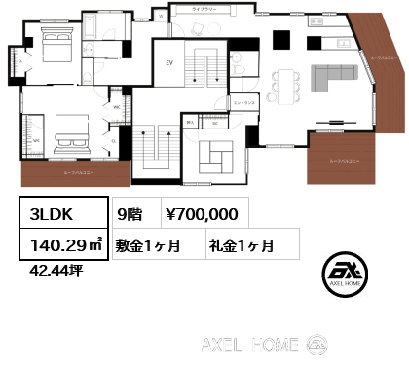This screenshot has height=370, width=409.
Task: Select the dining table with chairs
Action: tap(287, 82)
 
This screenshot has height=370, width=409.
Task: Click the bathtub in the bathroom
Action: tap(101, 25)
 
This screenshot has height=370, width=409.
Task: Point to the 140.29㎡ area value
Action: tap(60, 245)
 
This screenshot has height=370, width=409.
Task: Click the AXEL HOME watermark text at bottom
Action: tap(248, 345)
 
